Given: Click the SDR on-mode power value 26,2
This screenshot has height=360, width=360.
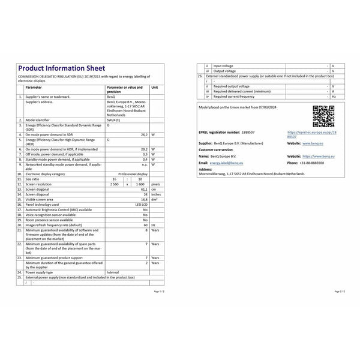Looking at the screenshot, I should click(145, 135).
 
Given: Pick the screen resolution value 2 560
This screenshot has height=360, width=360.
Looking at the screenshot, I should click(110, 184).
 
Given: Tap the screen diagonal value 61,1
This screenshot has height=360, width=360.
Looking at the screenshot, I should click(145, 190).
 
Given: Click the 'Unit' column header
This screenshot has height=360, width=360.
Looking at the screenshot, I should click(155, 87).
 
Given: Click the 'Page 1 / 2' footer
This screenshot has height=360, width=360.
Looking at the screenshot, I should click(157, 290).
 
